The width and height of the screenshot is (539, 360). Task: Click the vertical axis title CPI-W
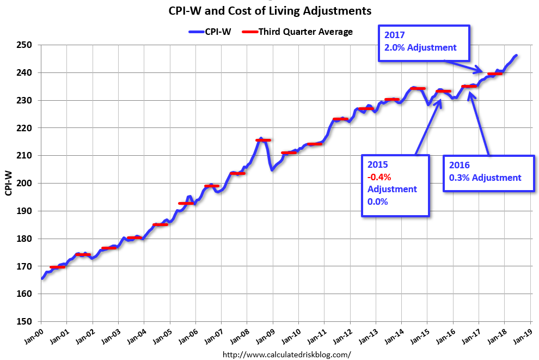(x=9, y=183)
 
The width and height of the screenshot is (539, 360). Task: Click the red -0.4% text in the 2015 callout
(x=379, y=177)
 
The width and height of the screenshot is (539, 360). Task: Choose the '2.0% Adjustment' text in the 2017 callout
(x=417, y=47)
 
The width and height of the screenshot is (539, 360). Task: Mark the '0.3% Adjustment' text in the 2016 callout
(x=485, y=178)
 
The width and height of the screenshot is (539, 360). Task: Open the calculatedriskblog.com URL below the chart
(x=287, y=355)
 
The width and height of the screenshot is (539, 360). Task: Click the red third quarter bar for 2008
(x=263, y=140)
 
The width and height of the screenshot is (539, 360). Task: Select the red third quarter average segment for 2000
(x=57, y=267)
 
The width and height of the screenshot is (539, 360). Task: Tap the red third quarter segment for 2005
(x=186, y=203)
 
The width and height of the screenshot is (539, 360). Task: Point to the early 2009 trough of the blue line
(x=272, y=170)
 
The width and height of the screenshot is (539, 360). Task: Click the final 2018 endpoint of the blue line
(x=516, y=55)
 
